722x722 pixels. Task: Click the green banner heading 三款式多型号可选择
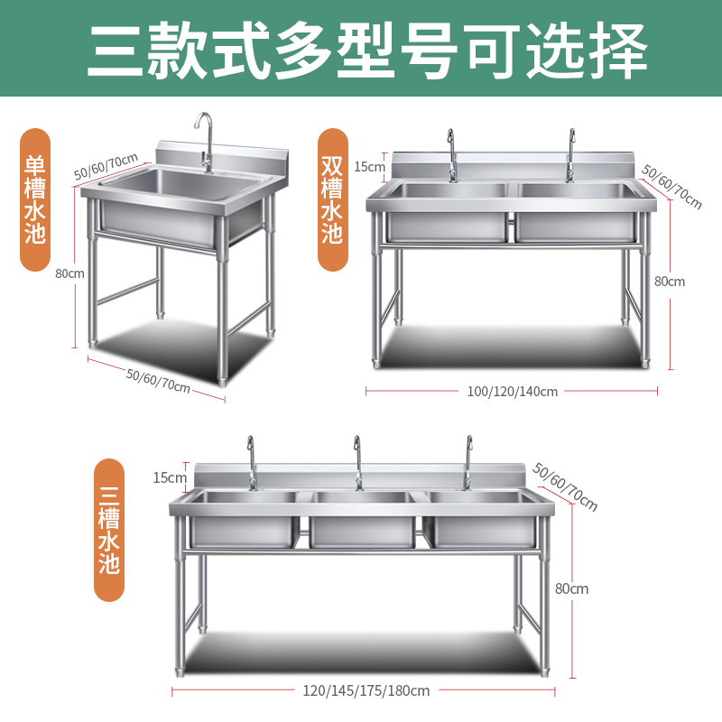pos(367,51)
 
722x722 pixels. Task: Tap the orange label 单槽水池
pos(35,199)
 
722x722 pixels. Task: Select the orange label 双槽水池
pos(332,199)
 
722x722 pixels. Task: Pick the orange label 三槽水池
pos(109,530)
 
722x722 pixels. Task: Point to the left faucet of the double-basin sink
pos(452,155)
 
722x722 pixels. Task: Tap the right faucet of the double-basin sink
pos(570,155)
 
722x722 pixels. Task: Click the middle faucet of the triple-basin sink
pos(358,463)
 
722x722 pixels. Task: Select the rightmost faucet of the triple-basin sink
pos(467,463)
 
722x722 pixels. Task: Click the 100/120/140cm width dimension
pos(512,392)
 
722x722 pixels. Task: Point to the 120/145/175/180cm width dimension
pos(366,690)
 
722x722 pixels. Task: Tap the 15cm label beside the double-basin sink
pos(369,167)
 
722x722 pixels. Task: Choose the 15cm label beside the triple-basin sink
pos(170,478)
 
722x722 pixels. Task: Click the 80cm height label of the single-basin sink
pos(69,273)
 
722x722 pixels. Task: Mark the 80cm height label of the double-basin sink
pos(670,282)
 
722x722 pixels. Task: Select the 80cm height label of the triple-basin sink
pos(571,589)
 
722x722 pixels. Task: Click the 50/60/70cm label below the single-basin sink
pos(158,381)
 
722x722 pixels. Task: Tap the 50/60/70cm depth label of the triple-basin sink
pos(565,487)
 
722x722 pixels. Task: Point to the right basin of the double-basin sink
pos(576,212)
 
